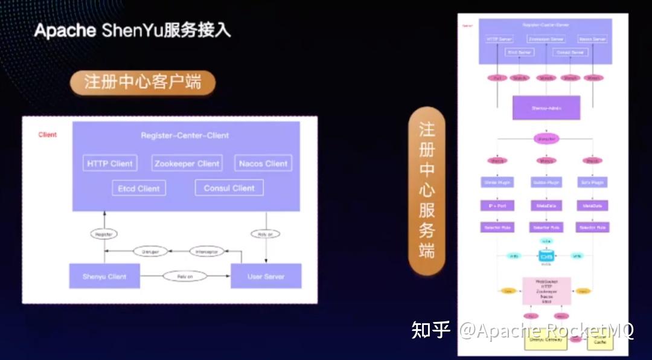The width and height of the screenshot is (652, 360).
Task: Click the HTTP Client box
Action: coord(109,163)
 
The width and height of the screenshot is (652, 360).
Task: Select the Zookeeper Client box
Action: coord(187,163)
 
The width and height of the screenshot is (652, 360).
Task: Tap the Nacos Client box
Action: coord(263,163)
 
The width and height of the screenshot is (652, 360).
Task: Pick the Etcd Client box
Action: coord(139,188)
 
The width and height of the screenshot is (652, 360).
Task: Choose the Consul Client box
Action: coord(229,188)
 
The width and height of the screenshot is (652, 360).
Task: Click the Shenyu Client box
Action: coord(104,277)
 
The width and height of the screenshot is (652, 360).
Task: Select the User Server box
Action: coord(266,277)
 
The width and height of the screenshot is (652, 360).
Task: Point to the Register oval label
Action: coord(104,234)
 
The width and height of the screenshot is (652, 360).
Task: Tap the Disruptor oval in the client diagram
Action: coord(150,251)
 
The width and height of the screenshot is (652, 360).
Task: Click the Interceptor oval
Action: coord(207,251)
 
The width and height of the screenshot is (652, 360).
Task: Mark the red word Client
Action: coord(48,135)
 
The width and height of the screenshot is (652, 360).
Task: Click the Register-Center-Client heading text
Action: coord(185,135)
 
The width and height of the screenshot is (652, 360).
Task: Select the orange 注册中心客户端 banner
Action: coord(142,82)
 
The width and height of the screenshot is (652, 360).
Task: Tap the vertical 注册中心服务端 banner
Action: coord(426,190)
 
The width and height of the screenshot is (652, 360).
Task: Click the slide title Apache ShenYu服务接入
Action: coord(132,30)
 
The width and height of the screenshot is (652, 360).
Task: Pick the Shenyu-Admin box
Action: coord(546,108)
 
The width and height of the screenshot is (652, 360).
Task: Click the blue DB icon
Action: coord(546,256)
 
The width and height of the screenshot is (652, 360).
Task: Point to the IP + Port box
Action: coord(497,205)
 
